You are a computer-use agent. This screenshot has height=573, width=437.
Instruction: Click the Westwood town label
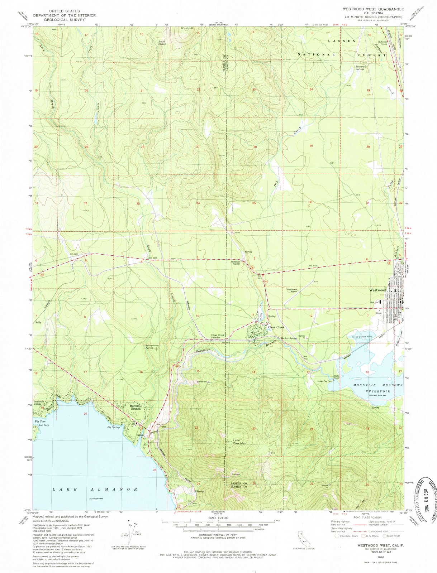point(377,290)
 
